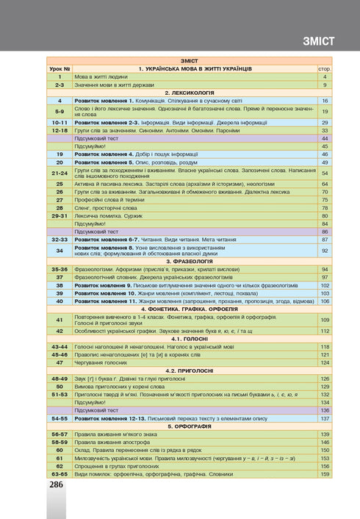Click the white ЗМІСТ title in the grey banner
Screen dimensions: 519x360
[317, 40]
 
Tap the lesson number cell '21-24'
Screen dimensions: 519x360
[61, 173]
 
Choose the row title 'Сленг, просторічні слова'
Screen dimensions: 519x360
[107, 207]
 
